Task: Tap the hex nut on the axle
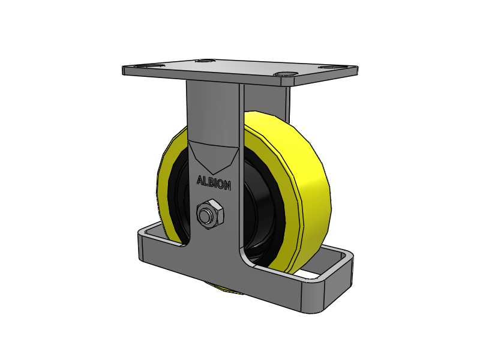210,215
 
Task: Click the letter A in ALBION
200,179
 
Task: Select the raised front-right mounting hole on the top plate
287,75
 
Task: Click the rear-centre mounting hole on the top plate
205,61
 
